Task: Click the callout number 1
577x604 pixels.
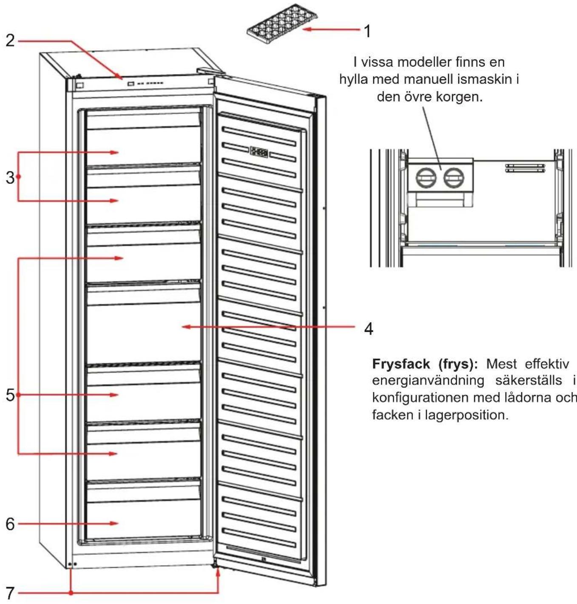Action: click(367, 31)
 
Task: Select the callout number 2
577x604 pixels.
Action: click(10, 41)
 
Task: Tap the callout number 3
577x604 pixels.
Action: click(10, 178)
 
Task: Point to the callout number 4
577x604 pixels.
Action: click(369, 328)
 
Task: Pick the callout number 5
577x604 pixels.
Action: click(10, 396)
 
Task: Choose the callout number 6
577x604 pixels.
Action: click(10, 524)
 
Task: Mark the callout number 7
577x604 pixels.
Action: click(10, 593)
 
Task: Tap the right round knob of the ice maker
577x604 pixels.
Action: click(454, 178)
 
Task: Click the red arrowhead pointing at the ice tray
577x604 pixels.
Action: click(307, 29)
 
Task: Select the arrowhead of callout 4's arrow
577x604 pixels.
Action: click(186, 327)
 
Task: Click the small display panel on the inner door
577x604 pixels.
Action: click(259, 152)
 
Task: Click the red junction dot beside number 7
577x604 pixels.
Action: click(71, 593)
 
